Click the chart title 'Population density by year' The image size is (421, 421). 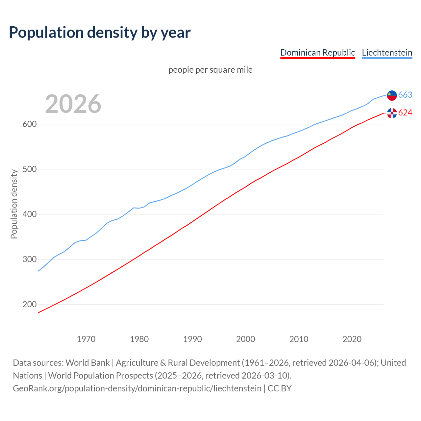[100, 33]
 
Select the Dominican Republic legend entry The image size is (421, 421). [317, 53]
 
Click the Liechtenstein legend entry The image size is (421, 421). [387, 53]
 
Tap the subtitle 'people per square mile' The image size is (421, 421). [210, 70]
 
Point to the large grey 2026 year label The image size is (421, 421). [73, 104]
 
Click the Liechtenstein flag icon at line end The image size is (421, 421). [392, 95]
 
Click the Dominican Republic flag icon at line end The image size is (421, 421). [392, 113]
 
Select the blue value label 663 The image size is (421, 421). [405, 95]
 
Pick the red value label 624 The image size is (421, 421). [405, 113]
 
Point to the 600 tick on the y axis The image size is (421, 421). [29, 124]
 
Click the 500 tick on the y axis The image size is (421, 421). [29, 169]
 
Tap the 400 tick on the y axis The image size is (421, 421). [29, 214]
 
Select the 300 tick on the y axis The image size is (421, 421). [29, 260]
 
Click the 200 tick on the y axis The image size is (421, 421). [29, 305]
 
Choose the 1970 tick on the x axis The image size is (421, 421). [86, 339]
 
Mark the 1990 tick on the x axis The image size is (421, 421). [192, 339]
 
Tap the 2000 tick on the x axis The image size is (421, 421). [246, 339]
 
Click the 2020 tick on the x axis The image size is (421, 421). [352, 339]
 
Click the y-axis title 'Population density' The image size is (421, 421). [14, 204]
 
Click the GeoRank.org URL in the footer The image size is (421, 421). [137, 388]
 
